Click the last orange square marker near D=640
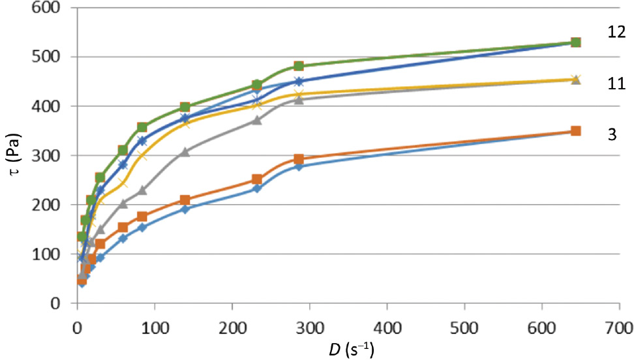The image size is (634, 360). point(575,131)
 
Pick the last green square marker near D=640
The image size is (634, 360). point(575,42)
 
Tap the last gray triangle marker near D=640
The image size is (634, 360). point(575,80)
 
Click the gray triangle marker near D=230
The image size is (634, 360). point(256,120)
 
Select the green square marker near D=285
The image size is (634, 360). point(299,67)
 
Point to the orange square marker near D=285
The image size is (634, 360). point(299,159)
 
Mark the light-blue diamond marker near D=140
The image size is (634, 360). point(185,209)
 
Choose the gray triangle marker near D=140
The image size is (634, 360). point(185,152)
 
